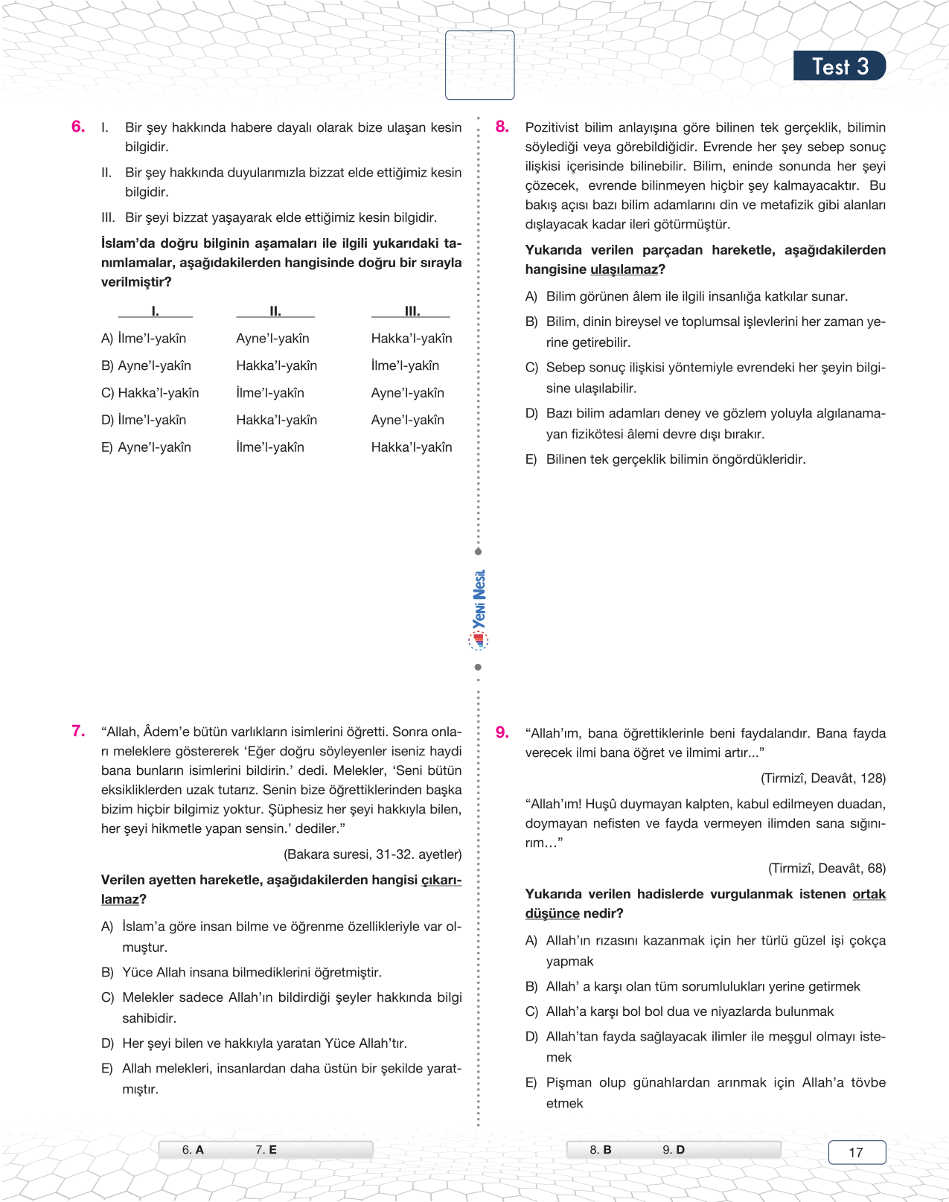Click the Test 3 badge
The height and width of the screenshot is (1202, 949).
tap(839, 66)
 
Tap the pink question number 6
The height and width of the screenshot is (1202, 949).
tap(78, 127)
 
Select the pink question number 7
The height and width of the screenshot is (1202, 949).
tap(78, 732)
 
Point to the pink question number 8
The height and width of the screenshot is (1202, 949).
tap(502, 127)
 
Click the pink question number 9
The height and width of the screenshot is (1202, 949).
tap(502, 733)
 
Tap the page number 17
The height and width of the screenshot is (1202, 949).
tap(856, 1152)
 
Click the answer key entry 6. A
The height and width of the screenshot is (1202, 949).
tap(193, 1150)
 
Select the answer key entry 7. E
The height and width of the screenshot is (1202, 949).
tap(266, 1150)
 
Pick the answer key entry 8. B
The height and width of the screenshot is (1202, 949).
tap(600, 1150)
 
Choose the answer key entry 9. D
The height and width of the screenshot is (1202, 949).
tap(674, 1150)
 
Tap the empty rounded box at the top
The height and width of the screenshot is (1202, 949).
tap(479, 65)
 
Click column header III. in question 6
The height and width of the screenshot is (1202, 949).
tap(412, 311)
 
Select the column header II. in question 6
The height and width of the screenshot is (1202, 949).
tap(275, 311)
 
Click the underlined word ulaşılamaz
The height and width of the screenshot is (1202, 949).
tap(624, 269)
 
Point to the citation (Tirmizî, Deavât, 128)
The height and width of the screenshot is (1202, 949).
tap(822, 779)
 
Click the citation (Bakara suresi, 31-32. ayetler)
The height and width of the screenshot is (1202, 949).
tap(372, 854)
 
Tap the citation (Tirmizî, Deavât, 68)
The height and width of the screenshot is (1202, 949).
tap(826, 869)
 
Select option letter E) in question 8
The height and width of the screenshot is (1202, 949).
tap(531, 460)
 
